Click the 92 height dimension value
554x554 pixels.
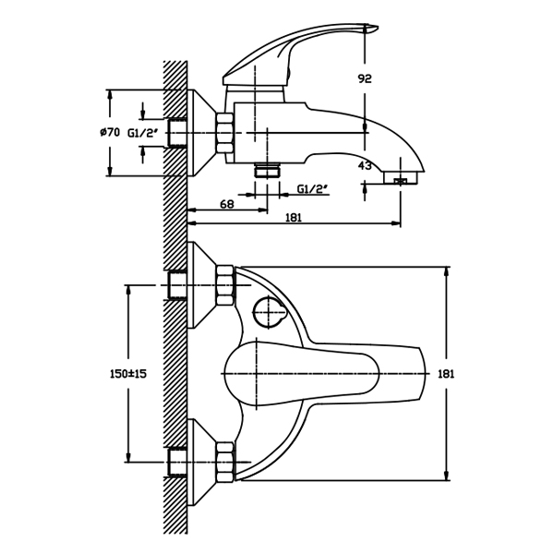(x=365, y=79)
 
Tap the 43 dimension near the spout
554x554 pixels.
(x=365, y=166)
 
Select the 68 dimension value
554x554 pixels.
(x=226, y=204)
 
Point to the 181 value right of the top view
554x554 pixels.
(x=445, y=373)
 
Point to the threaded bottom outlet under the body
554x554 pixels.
(x=268, y=171)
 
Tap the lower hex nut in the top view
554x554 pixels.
(x=223, y=461)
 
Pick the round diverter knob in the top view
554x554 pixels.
(x=269, y=313)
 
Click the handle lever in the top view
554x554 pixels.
(x=323, y=373)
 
